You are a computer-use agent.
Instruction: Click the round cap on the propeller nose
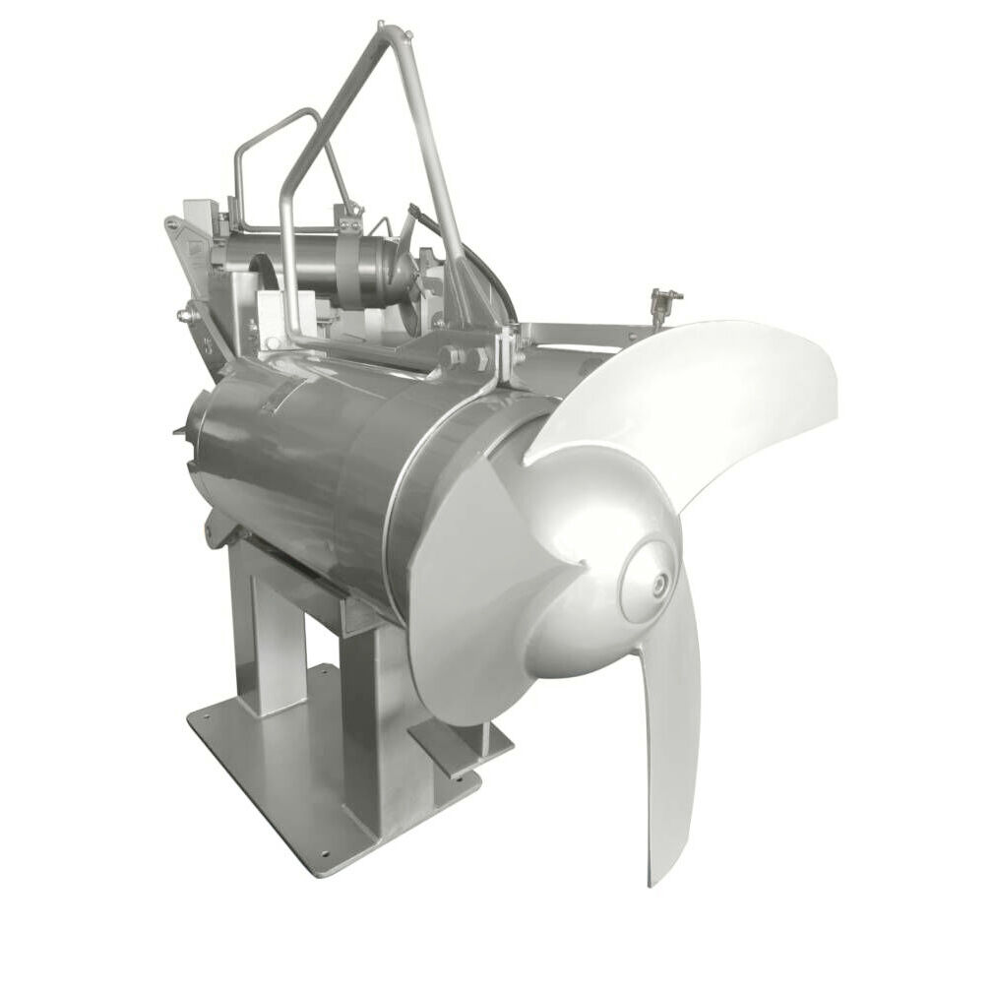pos(650,583)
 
